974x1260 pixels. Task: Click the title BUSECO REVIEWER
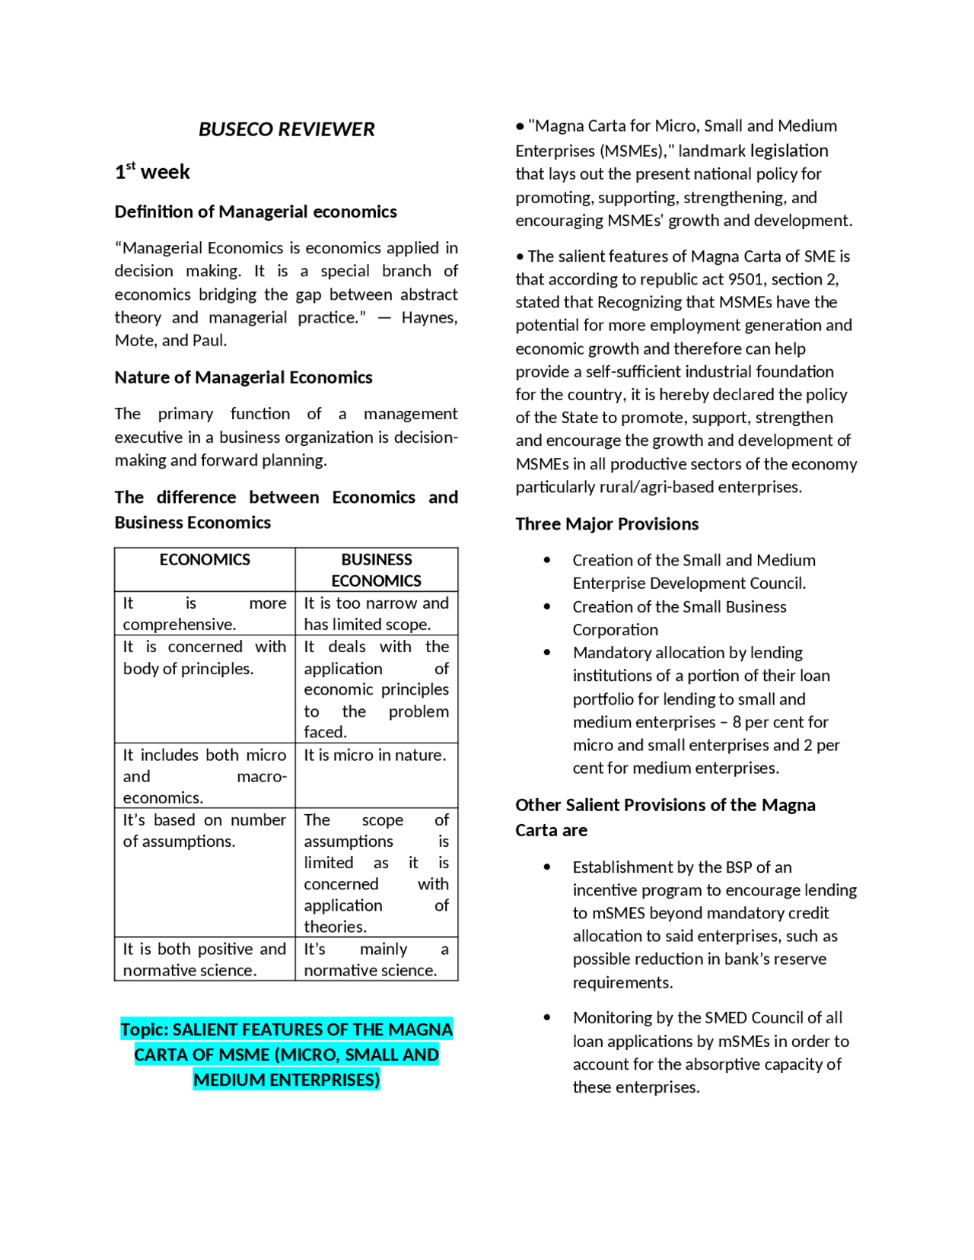click(x=286, y=129)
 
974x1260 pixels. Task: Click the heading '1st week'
click(x=152, y=172)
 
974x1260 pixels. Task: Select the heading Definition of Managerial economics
click(x=256, y=212)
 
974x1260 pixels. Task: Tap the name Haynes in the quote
click(x=428, y=317)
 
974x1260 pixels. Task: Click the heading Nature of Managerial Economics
click(x=243, y=377)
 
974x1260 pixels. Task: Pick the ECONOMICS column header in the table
click(x=205, y=560)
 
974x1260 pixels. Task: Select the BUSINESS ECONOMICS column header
click(x=376, y=570)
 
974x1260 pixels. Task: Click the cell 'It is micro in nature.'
click(x=375, y=755)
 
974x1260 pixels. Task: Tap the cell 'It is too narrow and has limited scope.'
click(x=376, y=613)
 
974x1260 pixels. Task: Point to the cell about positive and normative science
click(x=205, y=959)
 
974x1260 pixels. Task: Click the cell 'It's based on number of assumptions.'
click(x=205, y=831)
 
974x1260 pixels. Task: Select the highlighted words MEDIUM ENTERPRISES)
click(x=286, y=1080)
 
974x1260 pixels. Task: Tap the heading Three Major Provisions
click(x=606, y=524)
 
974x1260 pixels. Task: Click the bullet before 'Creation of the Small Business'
click(x=547, y=606)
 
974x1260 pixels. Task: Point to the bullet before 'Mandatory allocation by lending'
click(x=547, y=652)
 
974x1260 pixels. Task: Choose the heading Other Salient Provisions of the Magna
click(x=665, y=805)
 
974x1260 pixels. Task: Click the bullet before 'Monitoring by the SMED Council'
click(x=547, y=1017)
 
